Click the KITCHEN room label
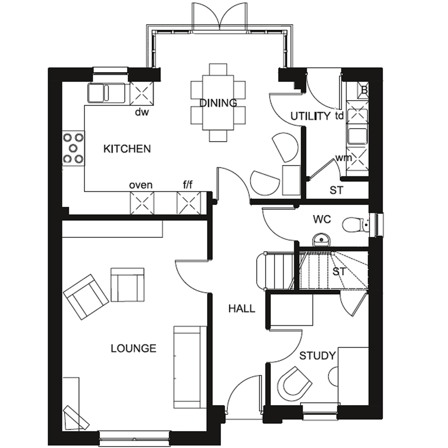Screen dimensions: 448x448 pyautogui.click(x=127, y=149)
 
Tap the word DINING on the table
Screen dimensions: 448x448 pyautogui.click(x=218, y=103)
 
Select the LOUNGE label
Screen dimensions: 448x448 pyautogui.click(x=133, y=348)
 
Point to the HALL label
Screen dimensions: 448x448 pyautogui.click(x=242, y=309)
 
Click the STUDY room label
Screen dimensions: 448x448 pyautogui.click(x=317, y=356)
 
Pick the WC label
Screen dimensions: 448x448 pyautogui.click(x=322, y=220)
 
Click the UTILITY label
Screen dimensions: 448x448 pyautogui.click(x=310, y=116)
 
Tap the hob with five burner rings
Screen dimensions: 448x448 pyautogui.click(x=73, y=148)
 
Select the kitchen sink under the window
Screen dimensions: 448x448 pyautogui.click(x=106, y=93)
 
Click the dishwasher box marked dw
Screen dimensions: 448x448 pyautogui.click(x=142, y=93)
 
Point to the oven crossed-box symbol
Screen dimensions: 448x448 pyautogui.click(x=142, y=203)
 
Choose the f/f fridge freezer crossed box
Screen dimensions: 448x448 pyautogui.click(x=189, y=203)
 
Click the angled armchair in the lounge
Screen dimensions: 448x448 pyautogui.click(x=86, y=297)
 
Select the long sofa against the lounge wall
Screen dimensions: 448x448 pyautogui.click(x=190, y=367)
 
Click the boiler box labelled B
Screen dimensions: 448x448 pyautogui.click(x=363, y=90)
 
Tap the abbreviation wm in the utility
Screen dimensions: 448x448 pyautogui.click(x=343, y=158)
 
